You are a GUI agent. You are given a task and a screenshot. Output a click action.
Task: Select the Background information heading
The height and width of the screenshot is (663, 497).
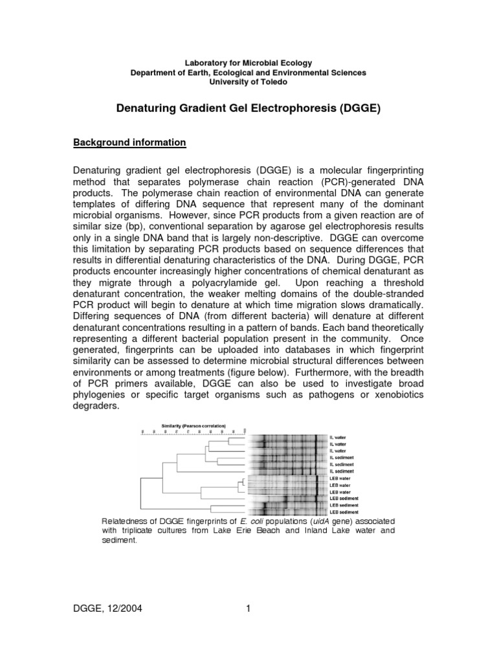[x=129, y=142]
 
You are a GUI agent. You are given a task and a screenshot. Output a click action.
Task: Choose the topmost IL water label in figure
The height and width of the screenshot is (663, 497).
[x=338, y=438]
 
